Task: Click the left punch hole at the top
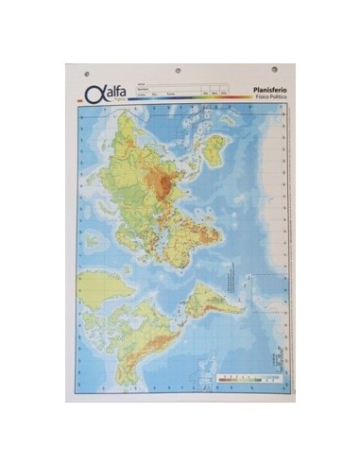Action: pos(86,72)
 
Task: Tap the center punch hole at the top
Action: pos(180,71)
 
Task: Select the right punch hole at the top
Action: pos(275,70)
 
